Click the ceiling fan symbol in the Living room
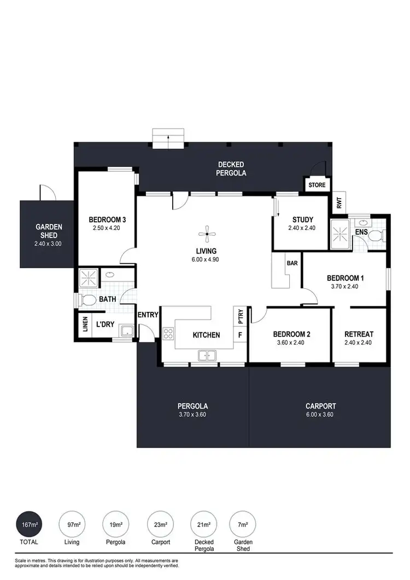pos(206,236)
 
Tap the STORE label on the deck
pos(317,185)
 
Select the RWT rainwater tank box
pos(339,204)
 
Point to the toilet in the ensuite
pos(375,236)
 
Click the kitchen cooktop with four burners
pos(168,334)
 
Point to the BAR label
pos(292,263)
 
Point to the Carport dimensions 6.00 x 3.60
pos(320,414)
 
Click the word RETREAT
pos(359,334)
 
